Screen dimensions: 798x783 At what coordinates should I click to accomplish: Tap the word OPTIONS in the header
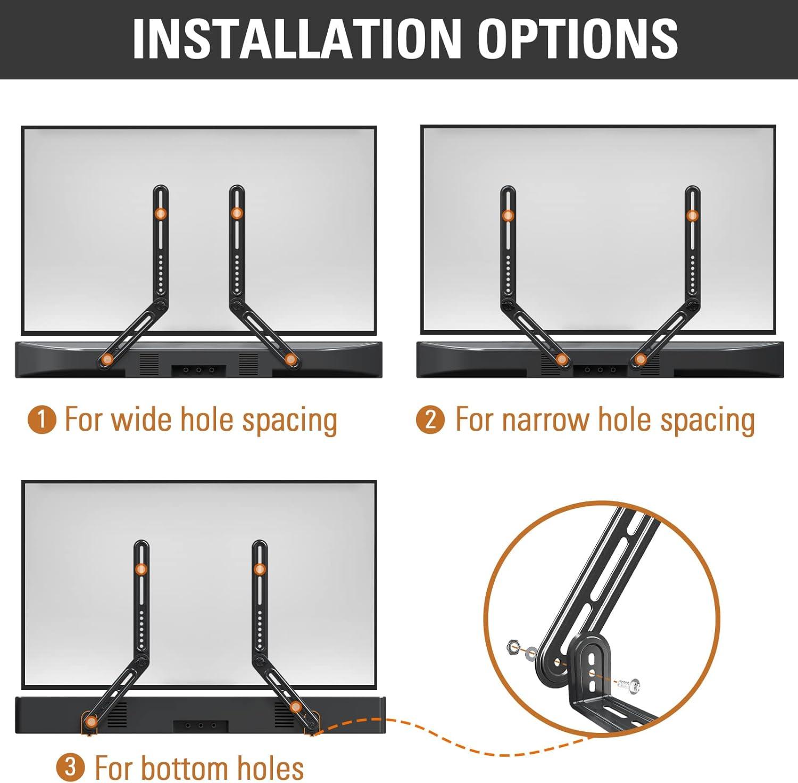[578, 39]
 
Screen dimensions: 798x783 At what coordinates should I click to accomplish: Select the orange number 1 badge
[41, 419]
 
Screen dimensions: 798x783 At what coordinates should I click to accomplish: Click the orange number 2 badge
[430, 419]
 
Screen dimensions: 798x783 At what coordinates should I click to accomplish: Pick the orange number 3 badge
[70, 768]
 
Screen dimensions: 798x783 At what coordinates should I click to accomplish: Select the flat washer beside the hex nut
[531, 654]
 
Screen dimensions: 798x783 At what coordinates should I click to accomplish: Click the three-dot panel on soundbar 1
[198, 370]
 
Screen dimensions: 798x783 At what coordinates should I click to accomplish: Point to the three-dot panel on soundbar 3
[201, 726]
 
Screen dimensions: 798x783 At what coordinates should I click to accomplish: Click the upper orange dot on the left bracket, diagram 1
[161, 213]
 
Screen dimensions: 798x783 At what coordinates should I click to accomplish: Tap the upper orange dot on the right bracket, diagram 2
[692, 216]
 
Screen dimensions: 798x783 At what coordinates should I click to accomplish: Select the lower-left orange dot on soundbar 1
[107, 359]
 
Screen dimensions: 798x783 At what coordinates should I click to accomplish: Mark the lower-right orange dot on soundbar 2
[641, 359]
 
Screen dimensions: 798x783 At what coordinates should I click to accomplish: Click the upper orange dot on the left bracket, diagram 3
[141, 569]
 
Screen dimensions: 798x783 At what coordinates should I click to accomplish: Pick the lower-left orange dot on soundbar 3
[92, 722]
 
